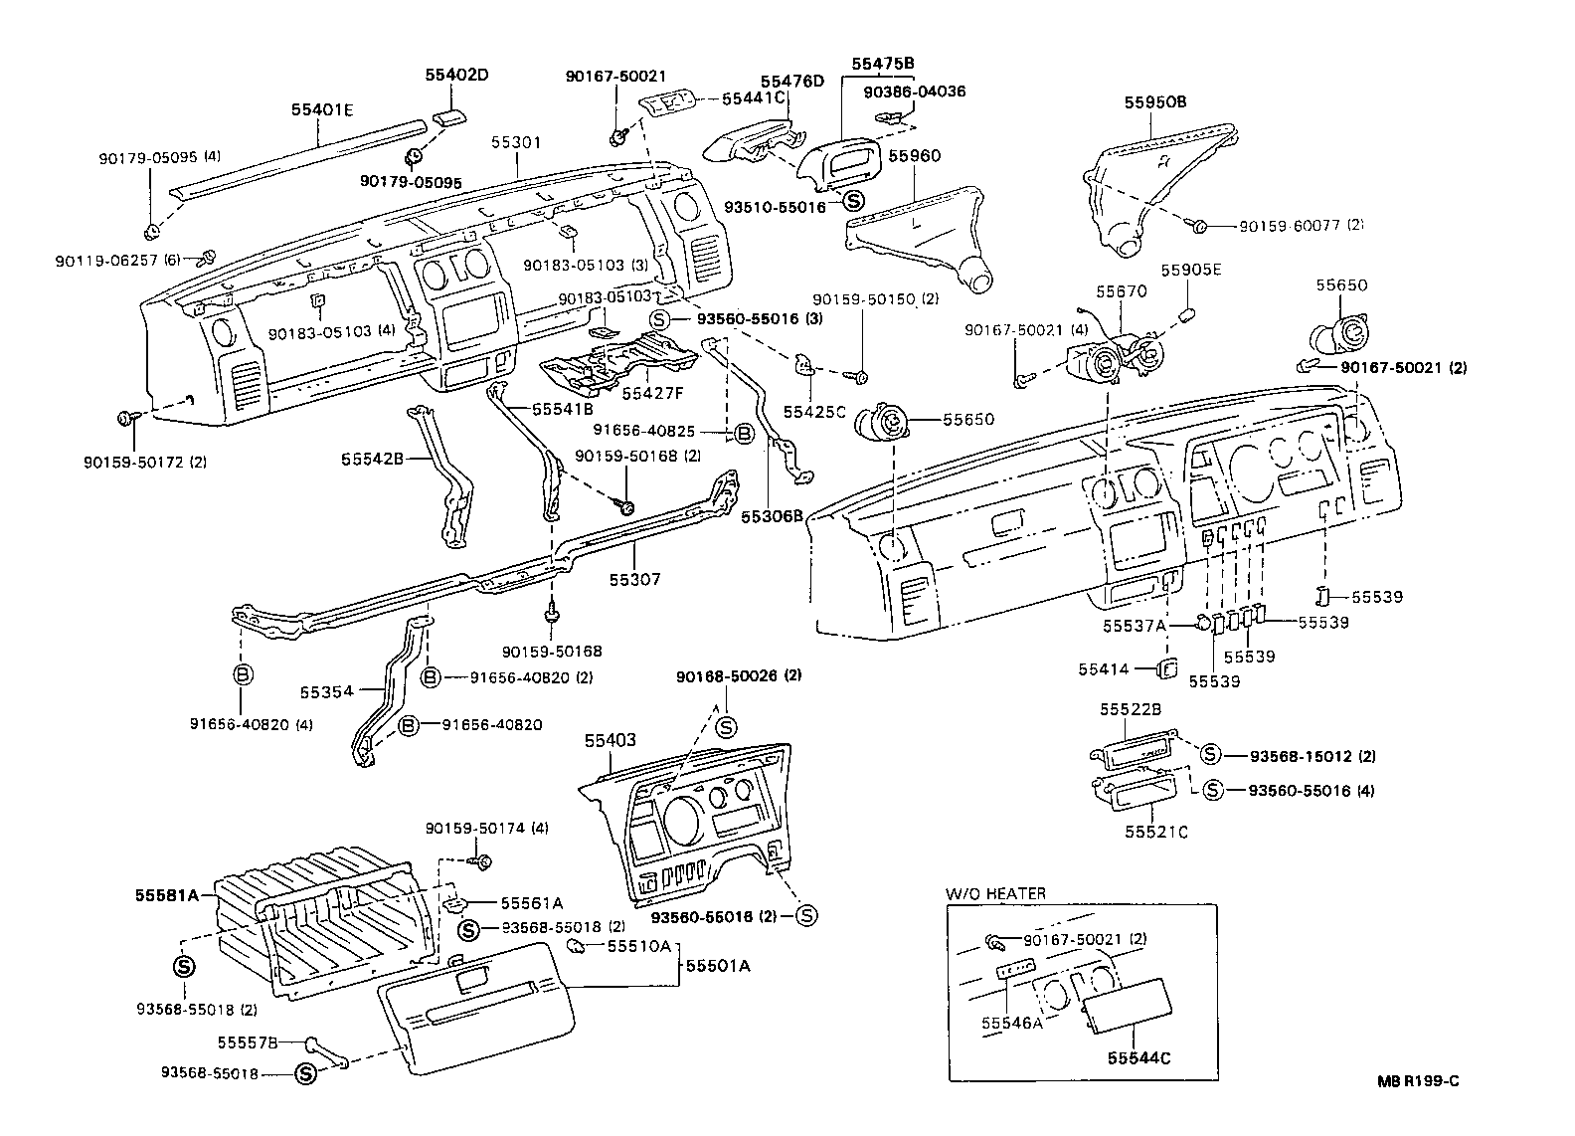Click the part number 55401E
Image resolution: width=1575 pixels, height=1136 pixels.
point(322,110)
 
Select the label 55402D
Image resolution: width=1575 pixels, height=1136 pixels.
point(457,75)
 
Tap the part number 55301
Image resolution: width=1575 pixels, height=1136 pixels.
point(516,142)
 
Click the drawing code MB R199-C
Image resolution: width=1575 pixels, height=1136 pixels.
point(1418,1082)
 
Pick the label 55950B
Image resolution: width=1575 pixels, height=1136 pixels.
point(1155,101)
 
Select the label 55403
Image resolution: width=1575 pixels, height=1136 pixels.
point(610,740)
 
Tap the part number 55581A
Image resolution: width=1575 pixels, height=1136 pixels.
point(165,894)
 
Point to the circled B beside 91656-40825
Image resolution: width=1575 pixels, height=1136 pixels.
point(743,433)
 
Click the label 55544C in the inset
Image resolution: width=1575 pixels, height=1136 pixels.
point(1139,1058)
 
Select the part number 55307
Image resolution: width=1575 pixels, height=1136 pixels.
point(634,579)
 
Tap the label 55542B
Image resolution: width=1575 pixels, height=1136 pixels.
point(371,459)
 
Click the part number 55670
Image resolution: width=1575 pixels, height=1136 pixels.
point(1122,291)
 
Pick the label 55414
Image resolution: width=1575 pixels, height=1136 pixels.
point(1104,669)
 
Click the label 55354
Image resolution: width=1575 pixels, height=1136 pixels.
point(326,689)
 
